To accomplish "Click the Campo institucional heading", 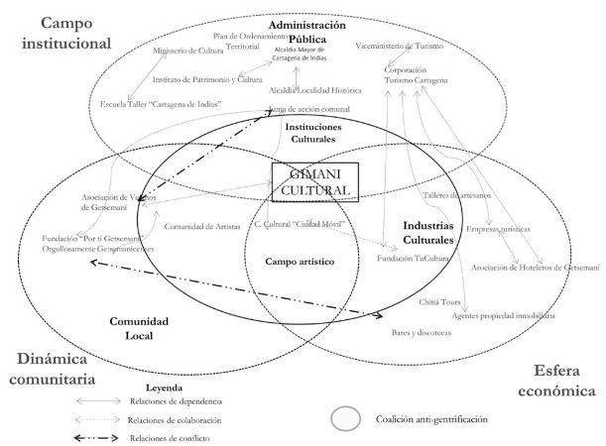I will [x=62, y=32].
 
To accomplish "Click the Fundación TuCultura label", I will [x=413, y=258].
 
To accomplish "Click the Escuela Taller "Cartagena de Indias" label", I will [x=161, y=103].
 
